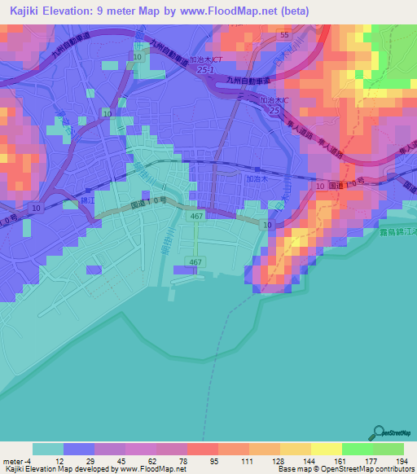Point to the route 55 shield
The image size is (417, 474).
[284, 36]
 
